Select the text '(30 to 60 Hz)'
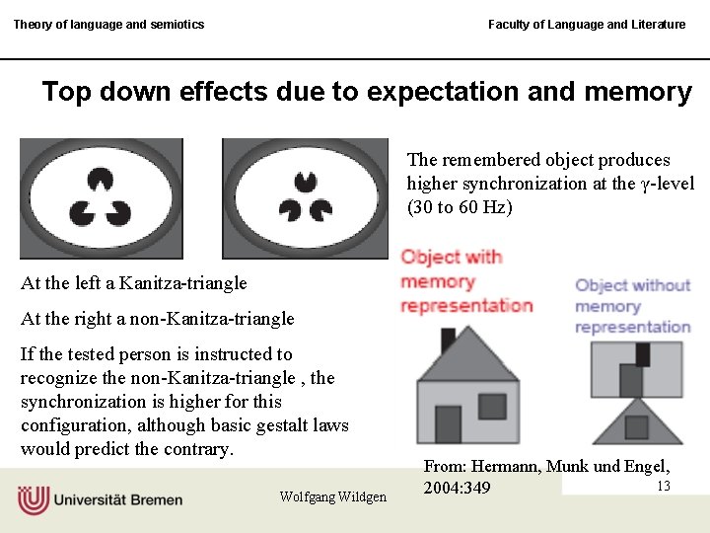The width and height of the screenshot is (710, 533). pyautogui.click(x=460, y=207)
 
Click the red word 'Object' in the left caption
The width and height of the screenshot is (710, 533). pyautogui.click(x=431, y=258)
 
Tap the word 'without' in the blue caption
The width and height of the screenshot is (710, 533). pyautogui.click(x=662, y=285)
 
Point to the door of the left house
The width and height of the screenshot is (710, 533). pyautogui.click(x=448, y=423)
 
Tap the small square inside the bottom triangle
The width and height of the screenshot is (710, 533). pyautogui.click(x=636, y=426)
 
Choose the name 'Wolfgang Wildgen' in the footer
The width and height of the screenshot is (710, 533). pyautogui.click(x=332, y=496)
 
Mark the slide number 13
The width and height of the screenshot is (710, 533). pyautogui.click(x=663, y=486)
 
